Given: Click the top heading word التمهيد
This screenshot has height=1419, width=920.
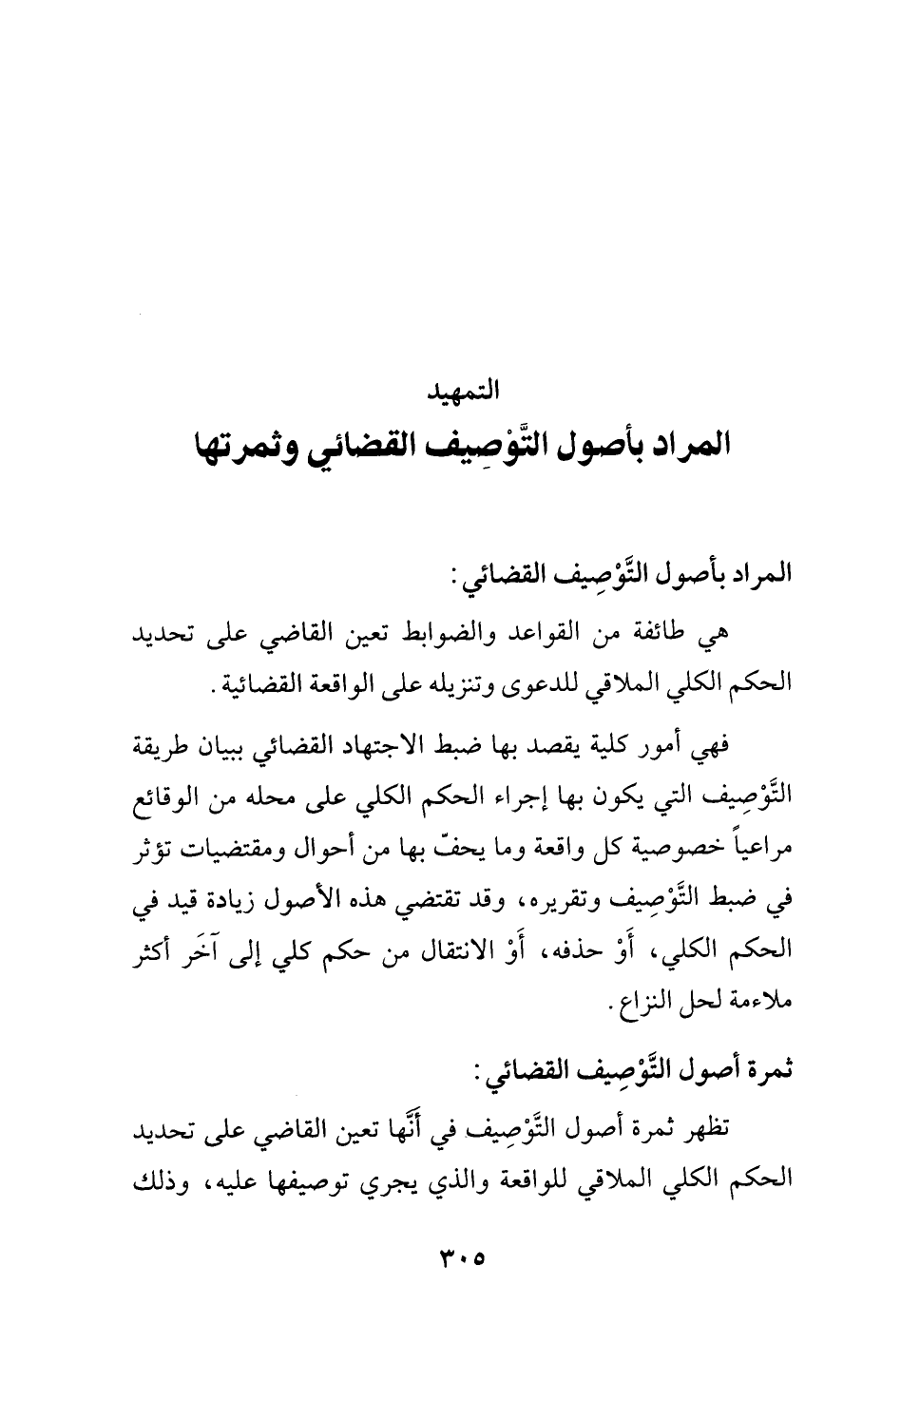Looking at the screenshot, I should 460,389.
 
